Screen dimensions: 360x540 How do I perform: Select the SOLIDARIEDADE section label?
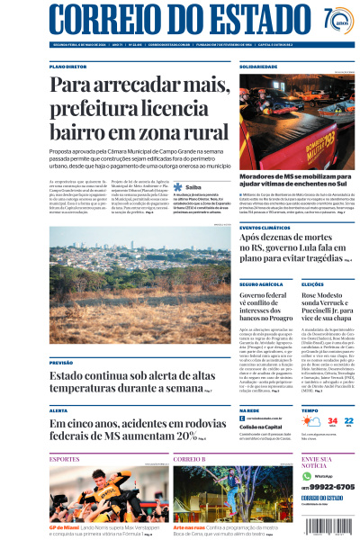[x=258, y=67]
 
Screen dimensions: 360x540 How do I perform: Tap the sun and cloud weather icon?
[x=310, y=422]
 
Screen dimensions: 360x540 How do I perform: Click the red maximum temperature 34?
[x=333, y=421]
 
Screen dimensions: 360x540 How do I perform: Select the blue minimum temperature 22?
[x=349, y=420]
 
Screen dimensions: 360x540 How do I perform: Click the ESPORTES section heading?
[x=65, y=459]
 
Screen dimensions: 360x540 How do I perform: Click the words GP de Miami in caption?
[x=66, y=526]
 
